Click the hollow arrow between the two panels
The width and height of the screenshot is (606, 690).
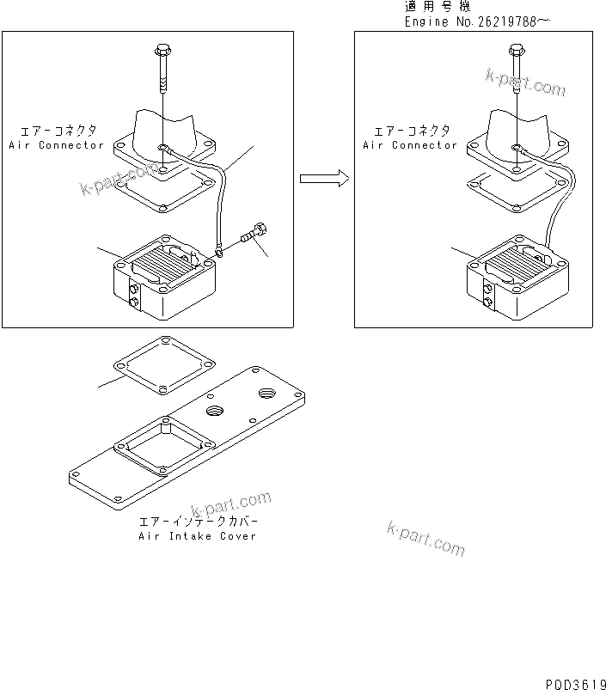coord(323,179)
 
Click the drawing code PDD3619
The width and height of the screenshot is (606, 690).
coord(574,682)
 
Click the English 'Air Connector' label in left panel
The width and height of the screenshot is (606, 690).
coord(57,145)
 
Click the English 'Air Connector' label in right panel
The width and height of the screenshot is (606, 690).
coord(410,145)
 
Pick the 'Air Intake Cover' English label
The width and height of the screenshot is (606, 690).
coord(198,536)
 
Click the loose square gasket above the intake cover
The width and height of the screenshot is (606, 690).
coord(163,365)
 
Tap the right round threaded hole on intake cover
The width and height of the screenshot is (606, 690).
coord(264,395)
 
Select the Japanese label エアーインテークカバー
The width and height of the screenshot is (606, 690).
coord(198,522)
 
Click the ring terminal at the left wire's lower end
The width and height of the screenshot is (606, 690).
coord(220,252)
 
